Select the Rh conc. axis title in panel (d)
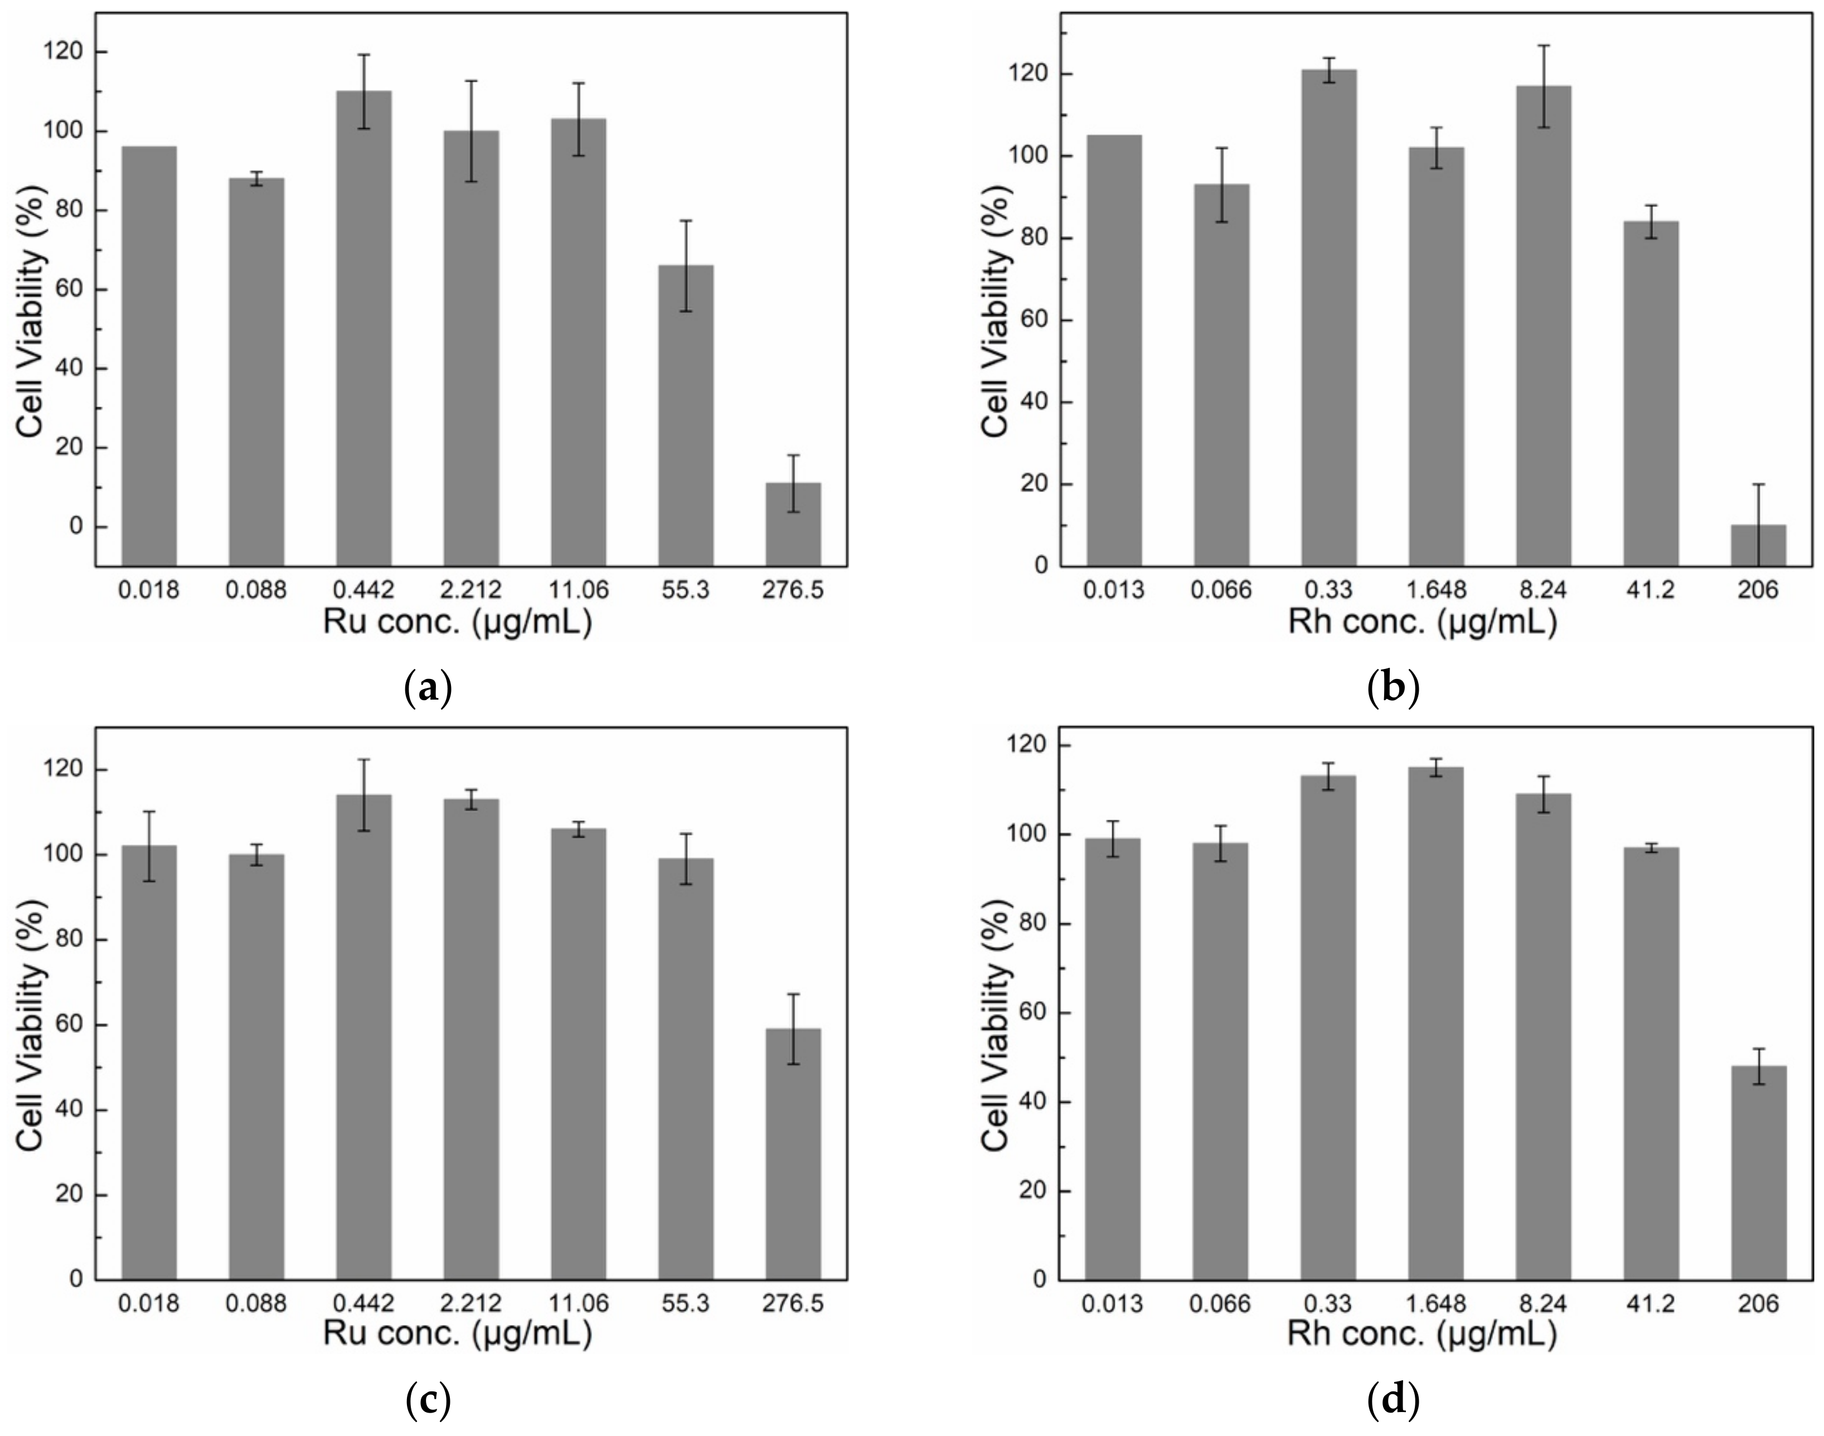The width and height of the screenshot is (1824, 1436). pos(1422,1335)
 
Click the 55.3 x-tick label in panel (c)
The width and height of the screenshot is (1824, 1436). pos(685,1303)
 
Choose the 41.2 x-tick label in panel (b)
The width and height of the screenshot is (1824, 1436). pos(1650,590)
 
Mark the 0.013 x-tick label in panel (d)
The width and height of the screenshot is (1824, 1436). pos(1113,1303)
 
